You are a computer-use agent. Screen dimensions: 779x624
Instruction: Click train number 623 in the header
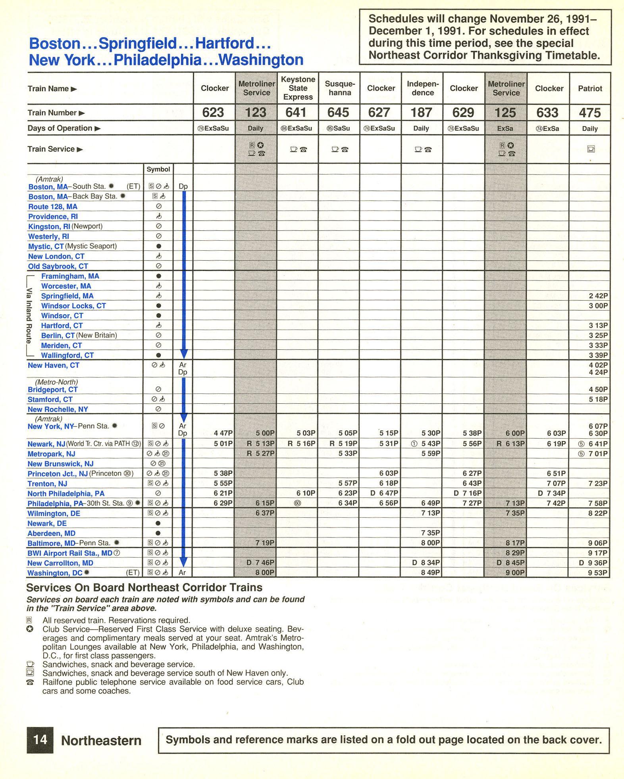[213, 113]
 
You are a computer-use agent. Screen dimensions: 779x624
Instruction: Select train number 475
[589, 113]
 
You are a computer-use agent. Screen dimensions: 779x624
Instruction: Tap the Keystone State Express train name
[298, 88]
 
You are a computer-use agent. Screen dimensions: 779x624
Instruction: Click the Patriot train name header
[590, 88]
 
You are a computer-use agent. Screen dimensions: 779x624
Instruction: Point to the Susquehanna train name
[339, 88]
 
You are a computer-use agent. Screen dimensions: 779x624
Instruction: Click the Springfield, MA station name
[67, 296]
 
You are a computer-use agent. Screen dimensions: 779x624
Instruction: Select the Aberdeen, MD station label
[51, 533]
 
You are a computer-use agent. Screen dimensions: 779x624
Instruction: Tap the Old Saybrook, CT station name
[58, 266]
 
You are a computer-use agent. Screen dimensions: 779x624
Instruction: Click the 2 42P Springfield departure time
[598, 296]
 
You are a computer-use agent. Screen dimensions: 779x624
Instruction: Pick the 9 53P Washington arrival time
[598, 573]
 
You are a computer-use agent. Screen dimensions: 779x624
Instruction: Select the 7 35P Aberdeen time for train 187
[431, 533]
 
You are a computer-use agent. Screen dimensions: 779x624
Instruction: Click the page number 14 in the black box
[40, 740]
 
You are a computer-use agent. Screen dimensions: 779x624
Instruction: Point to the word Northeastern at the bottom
[101, 741]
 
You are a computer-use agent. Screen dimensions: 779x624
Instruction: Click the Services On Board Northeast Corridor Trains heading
[144, 587]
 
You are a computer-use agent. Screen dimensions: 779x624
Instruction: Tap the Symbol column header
[158, 169]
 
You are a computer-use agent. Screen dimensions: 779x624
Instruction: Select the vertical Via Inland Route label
[29, 316]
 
